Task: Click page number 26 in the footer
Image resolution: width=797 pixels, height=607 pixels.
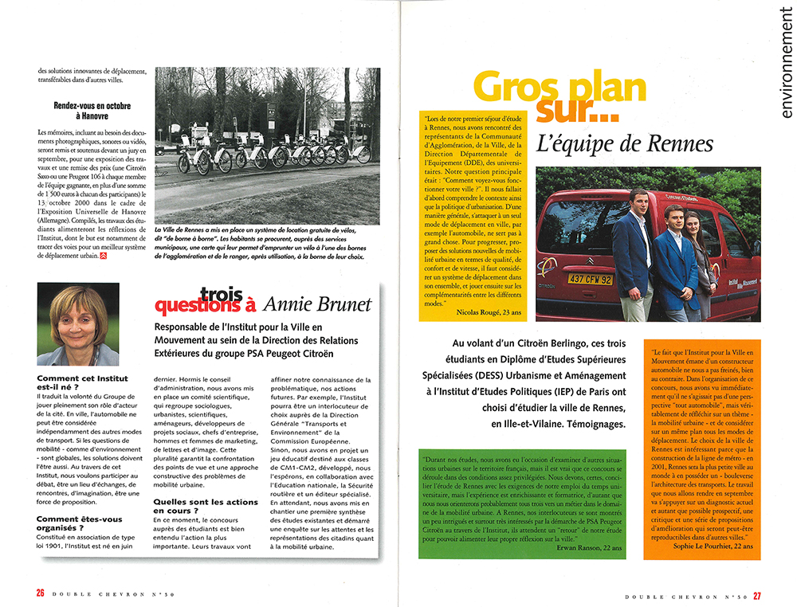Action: (39, 592)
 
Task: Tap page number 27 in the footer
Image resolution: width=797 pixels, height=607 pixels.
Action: (756, 592)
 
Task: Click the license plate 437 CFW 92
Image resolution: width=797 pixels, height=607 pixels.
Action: (591, 280)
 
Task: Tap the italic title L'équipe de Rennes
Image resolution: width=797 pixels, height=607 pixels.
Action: (625, 144)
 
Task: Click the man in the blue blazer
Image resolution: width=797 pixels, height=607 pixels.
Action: (635, 253)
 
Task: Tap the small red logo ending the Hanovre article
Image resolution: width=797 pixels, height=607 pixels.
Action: (103, 257)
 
